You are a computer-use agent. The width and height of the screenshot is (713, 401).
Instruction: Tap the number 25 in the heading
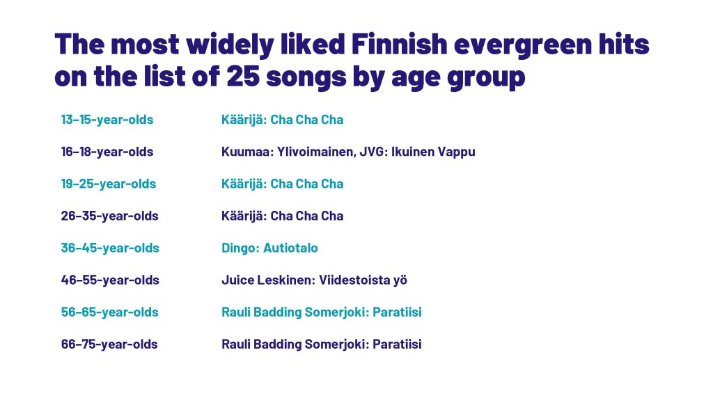242,77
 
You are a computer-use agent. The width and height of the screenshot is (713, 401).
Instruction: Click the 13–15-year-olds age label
107,120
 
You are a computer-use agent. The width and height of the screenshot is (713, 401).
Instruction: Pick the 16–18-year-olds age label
107,152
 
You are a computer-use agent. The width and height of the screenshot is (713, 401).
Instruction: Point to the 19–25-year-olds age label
108,184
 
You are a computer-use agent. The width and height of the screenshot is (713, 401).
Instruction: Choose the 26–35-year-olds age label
109,216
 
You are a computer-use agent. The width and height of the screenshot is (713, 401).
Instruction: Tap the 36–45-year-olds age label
110,249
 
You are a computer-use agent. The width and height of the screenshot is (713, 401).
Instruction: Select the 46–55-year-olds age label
110,280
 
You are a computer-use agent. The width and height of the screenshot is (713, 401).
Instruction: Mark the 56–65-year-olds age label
109,313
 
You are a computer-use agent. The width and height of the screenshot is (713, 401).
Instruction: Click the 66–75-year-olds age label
109,344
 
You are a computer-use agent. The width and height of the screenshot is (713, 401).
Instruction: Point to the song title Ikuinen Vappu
433,152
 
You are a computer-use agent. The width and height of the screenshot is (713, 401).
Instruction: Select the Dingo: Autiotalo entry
269,249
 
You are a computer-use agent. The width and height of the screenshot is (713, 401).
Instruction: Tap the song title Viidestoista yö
363,281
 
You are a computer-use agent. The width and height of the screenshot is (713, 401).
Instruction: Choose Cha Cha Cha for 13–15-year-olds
307,120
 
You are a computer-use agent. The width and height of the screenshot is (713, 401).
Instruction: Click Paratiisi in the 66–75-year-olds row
397,344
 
